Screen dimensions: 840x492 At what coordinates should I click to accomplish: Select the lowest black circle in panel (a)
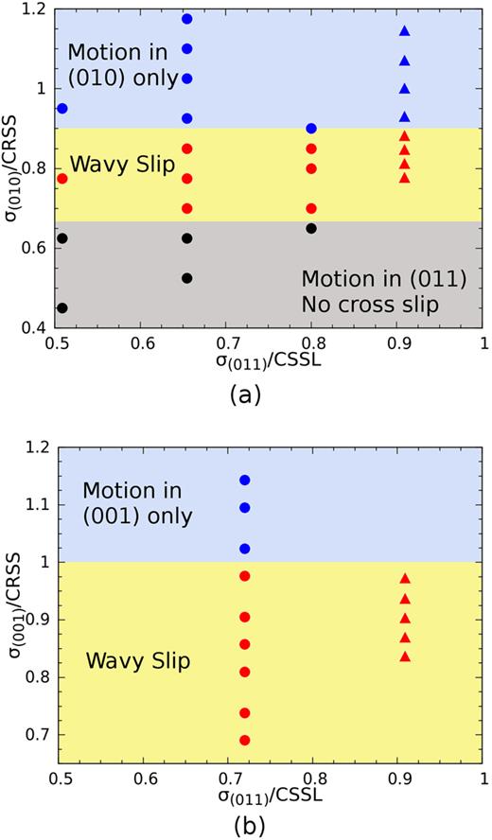62,307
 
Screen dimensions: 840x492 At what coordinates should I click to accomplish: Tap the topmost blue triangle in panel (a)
405,31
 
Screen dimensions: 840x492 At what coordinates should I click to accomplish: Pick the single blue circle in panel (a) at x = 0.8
311,128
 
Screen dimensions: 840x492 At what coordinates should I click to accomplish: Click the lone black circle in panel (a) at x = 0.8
311,228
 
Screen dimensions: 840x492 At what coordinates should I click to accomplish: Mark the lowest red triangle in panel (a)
405,178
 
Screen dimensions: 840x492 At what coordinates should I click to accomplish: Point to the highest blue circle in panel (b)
245,481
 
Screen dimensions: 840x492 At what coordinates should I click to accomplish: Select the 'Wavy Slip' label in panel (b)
138,660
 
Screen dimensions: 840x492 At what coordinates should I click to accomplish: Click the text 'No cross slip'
363,305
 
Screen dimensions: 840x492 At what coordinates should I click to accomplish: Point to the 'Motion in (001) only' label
137,503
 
